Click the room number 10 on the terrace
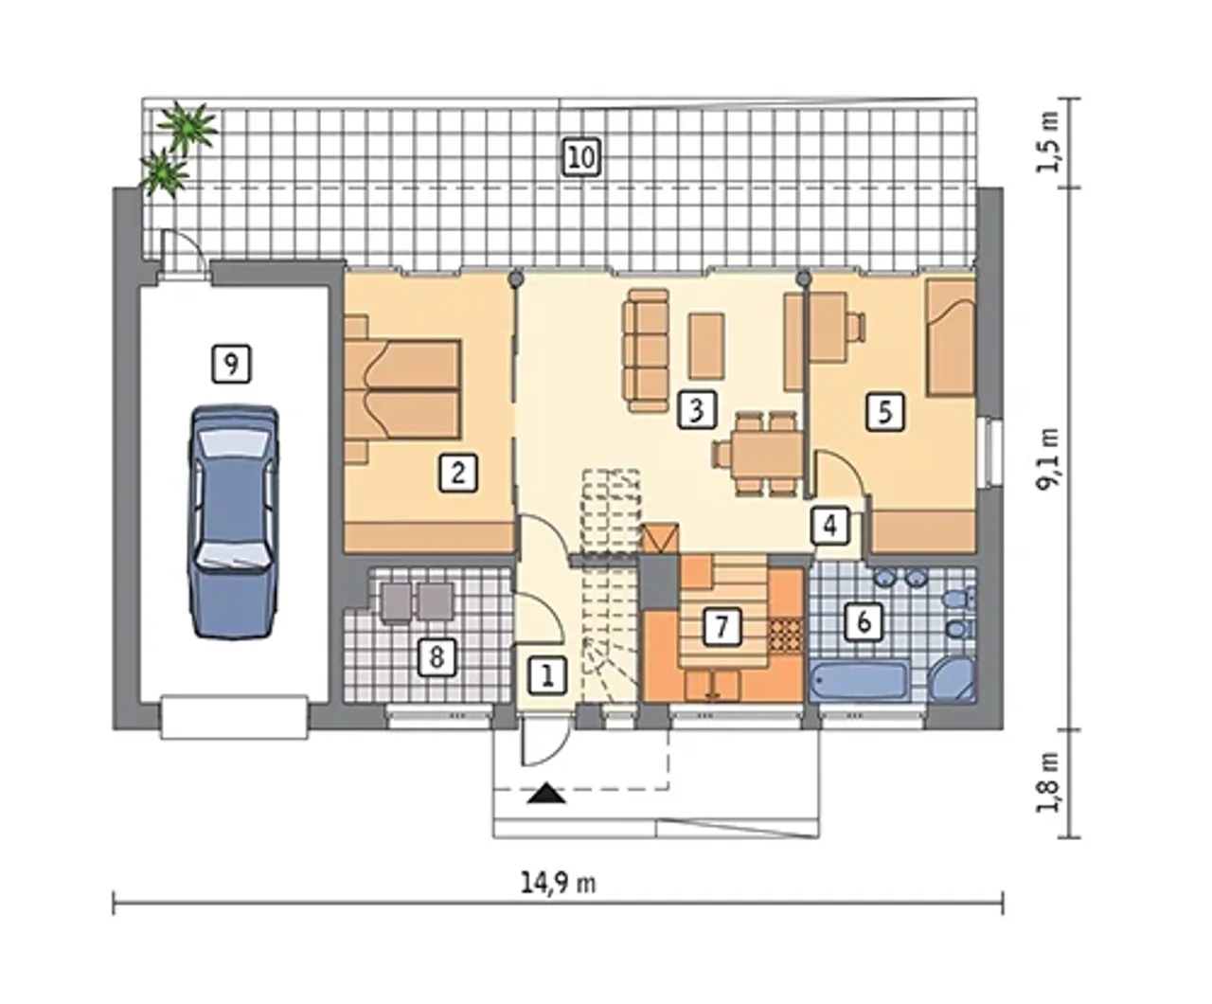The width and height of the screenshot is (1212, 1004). coord(581,157)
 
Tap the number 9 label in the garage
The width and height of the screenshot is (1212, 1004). coord(231,364)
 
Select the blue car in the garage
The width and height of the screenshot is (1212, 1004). coord(233,523)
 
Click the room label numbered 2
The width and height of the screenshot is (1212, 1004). coord(458,473)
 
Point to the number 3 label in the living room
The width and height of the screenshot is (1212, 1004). coord(697,409)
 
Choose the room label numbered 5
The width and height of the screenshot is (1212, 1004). coord(885,412)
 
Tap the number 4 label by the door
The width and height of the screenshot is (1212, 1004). coord(830,526)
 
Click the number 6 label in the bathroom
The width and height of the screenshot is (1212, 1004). coord(864,622)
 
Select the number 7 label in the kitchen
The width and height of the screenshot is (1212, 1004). coord(722,627)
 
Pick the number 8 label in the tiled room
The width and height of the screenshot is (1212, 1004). coord(437,657)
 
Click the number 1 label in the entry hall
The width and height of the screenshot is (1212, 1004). coord(547,675)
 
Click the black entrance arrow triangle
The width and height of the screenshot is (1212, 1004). coord(546,793)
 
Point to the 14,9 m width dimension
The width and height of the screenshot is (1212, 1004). coord(559,884)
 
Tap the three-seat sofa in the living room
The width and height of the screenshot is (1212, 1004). coord(646,351)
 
